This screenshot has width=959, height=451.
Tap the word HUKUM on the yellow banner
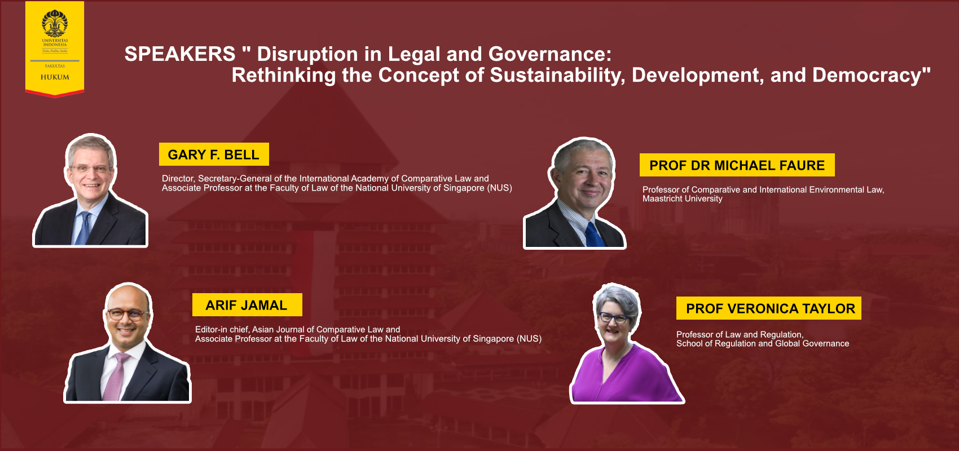point(55,77)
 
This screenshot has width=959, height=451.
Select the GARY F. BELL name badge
point(214,154)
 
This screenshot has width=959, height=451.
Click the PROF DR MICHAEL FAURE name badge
point(737,165)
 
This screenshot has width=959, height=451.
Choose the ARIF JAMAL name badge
point(247,304)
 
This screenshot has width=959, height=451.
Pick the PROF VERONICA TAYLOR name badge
point(768,308)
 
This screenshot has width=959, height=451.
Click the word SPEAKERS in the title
point(180,54)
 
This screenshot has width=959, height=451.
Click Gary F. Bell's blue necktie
point(83,229)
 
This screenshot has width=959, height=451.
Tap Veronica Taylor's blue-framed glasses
point(613,317)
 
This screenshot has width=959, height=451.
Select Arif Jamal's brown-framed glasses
point(127,315)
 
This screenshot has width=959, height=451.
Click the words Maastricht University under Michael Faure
point(683,199)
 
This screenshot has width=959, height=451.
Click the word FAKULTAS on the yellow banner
point(55,66)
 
